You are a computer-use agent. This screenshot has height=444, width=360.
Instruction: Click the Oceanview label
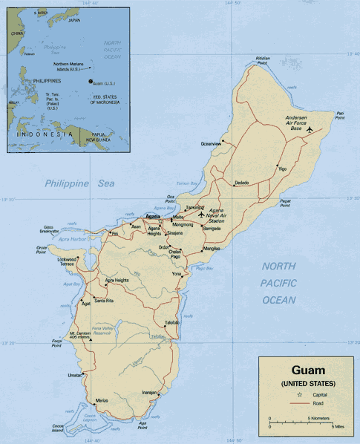point(211,143)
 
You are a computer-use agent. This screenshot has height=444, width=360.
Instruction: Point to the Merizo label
point(102,400)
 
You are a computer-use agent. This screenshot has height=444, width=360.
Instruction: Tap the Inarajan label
point(150,392)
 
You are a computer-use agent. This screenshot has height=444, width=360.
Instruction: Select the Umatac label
point(76,375)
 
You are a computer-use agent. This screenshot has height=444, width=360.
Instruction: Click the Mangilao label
point(212,248)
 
